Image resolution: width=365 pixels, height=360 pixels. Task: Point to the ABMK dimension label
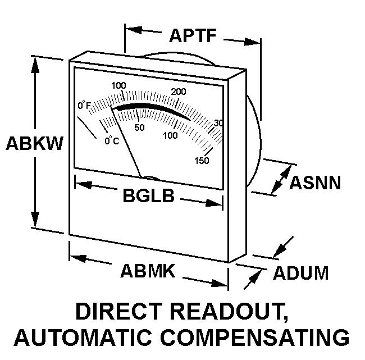click(x=148, y=271)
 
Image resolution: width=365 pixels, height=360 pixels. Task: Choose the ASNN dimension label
click(x=315, y=183)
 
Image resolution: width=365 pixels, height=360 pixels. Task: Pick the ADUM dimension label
click(x=301, y=273)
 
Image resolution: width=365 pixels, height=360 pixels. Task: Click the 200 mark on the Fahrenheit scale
click(x=179, y=92)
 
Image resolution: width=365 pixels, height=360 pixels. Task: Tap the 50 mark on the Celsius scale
click(x=139, y=127)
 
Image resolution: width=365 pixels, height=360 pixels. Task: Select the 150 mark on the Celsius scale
click(x=202, y=161)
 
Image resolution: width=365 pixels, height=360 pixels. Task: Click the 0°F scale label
click(x=84, y=105)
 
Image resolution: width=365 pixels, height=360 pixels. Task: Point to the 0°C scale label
click(x=112, y=140)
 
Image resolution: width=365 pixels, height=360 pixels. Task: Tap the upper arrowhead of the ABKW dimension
click(x=35, y=63)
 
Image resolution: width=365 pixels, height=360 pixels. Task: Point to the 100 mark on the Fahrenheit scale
click(x=118, y=85)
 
